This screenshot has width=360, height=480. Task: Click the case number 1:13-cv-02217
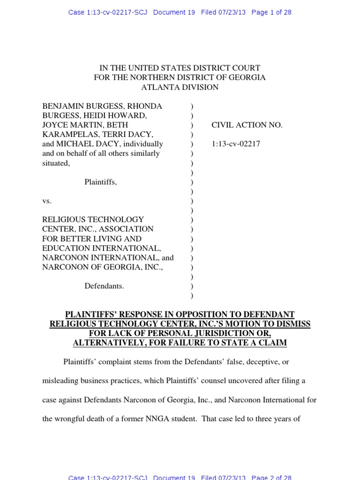[236, 144]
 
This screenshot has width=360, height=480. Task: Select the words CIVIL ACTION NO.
[247, 125]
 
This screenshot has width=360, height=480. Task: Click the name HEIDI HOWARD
[122, 116]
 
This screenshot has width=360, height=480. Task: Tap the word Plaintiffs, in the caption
[100, 182]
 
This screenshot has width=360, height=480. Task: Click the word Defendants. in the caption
[104, 286]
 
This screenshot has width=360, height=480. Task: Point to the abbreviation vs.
[47, 201]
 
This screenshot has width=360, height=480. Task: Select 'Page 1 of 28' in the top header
[271, 12]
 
